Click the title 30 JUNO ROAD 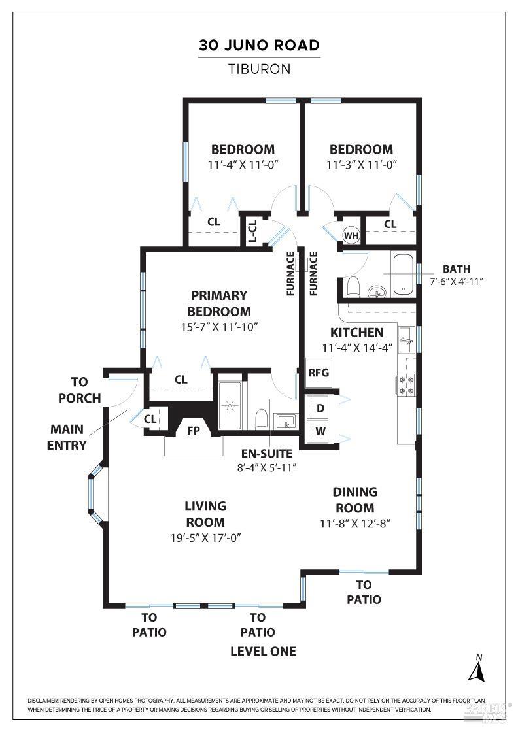260,45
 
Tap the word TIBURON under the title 260,69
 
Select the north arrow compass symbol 479,668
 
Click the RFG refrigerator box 319,373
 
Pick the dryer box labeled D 320,408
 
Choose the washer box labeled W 320,431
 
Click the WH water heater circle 351,235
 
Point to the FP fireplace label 194,431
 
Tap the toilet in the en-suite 260,417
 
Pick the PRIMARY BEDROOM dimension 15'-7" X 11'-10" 219,326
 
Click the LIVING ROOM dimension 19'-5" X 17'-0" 205,538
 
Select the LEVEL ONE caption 263,651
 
